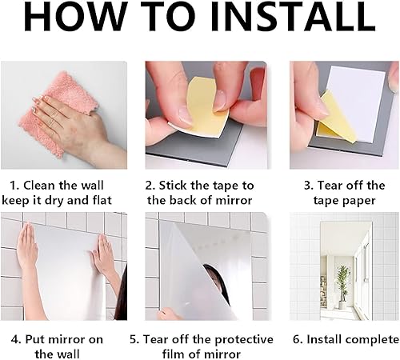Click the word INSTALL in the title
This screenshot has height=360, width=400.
[x=294, y=17]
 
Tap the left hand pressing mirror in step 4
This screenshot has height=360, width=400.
[x=27, y=246]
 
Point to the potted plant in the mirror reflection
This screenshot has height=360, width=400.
[x=342, y=286]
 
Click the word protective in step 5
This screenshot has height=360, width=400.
[x=244, y=340]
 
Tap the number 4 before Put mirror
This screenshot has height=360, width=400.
[x=16, y=339]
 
